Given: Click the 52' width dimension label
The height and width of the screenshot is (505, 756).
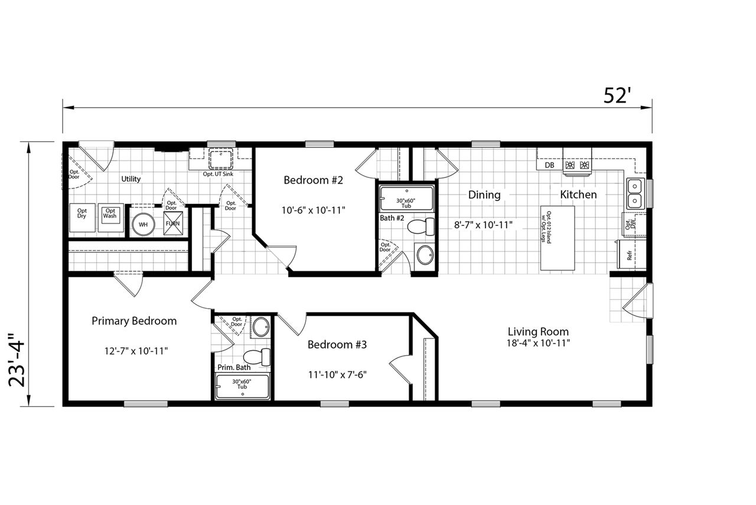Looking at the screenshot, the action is pyautogui.click(x=615, y=96).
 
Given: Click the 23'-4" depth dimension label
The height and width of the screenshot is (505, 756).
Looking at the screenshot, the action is pyautogui.click(x=17, y=360).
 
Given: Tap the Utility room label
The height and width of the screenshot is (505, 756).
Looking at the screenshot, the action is pyautogui.click(x=131, y=179).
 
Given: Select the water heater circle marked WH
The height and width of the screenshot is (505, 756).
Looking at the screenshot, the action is pyautogui.click(x=143, y=225).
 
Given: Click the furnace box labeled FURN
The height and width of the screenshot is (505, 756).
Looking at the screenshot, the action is pyautogui.click(x=173, y=223).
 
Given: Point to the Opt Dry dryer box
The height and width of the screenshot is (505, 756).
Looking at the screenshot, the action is pyautogui.click(x=82, y=218).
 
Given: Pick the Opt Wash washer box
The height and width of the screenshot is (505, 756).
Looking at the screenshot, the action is pyautogui.click(x=110, y=218).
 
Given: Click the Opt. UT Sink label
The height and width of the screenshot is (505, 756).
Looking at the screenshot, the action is pyautogui.click(x=218, y=174).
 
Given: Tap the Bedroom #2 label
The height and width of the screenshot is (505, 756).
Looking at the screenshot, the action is pyautogui.click(x=313, y=180).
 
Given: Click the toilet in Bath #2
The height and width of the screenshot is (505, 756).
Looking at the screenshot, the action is pyautogui.click(x=421, y=226).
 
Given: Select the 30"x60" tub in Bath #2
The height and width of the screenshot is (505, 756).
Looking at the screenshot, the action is pyautogui.click(x=407, y=199).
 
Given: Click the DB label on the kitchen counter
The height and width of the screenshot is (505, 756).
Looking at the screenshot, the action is pyautogui.click(x=550, y=166).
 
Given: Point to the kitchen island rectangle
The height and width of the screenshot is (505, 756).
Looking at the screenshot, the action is pyautogui.click(x=557, y=238).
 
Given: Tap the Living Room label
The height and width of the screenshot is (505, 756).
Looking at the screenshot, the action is pyautogui.click(x=538, y=331).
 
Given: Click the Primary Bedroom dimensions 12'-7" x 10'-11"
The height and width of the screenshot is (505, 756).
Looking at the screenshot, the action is pyautogui.click(x=136, y=351).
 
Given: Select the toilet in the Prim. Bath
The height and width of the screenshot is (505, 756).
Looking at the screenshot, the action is pyautogui.click(x=257, y=357).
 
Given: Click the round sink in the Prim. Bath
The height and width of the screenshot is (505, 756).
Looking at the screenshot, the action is pyautogui.click(x=261, y=327).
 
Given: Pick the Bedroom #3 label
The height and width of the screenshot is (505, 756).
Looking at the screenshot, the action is pyautogui.click(x=337, y=344).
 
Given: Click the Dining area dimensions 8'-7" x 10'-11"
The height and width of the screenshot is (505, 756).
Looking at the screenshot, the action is pyautogui.click(x=483, y=225).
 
